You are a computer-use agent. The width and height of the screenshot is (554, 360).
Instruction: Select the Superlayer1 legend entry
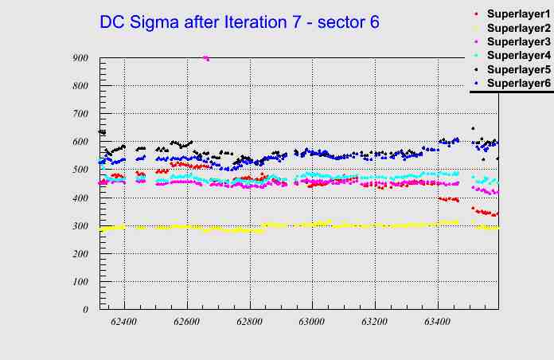pos(517,14)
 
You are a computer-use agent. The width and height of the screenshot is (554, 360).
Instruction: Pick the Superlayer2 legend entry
pos(517,27)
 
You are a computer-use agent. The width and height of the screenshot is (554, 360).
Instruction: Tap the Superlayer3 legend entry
pos(517,41)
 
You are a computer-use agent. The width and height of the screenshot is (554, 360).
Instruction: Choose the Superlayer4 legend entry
pos(517,55)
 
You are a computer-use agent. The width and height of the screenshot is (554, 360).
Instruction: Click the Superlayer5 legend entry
pos(517,69)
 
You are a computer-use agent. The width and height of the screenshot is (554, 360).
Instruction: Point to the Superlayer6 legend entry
pos(517,83)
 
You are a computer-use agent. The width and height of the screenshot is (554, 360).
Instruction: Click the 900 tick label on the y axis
pos(80,58)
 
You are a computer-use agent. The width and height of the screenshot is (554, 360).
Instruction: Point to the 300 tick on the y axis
pos(80,226)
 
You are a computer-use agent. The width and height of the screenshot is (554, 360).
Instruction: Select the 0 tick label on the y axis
pos(85,310)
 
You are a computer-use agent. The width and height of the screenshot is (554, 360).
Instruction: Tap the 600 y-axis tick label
pos(80,142)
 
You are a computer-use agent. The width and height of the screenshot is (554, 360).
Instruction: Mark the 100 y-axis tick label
pos(80,282)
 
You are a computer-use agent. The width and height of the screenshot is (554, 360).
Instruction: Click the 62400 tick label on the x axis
pos(124,323)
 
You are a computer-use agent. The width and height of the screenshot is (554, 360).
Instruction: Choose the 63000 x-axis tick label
pos(312,323)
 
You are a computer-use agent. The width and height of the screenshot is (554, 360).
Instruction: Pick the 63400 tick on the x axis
pos(437,323)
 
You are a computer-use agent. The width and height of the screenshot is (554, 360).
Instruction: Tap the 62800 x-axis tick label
pos(249,323)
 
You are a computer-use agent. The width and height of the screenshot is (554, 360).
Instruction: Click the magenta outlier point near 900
pos(206,58)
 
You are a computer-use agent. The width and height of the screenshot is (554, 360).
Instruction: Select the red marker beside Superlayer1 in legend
pos(476,14)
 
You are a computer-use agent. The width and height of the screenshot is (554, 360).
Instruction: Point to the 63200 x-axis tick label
pos(374,323)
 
